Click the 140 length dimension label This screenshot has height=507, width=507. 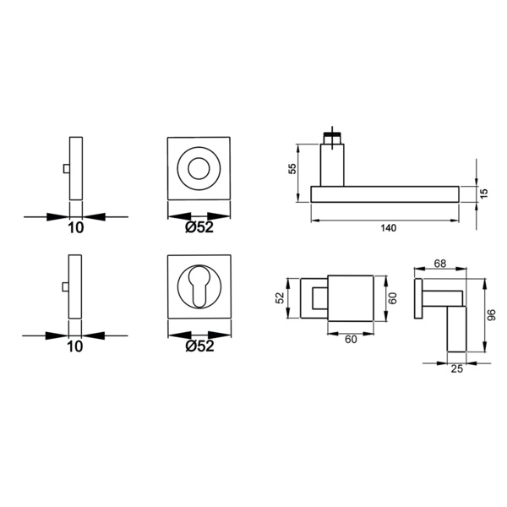389,228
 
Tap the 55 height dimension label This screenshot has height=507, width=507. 292,169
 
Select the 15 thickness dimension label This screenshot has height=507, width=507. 483,194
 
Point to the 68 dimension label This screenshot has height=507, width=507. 440,264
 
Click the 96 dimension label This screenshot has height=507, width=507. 491,315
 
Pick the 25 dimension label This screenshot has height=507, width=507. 457,369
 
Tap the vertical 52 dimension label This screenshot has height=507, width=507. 280,297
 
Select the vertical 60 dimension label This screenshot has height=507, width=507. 392,298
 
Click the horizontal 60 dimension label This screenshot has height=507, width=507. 351,340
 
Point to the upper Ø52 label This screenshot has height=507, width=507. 199,227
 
